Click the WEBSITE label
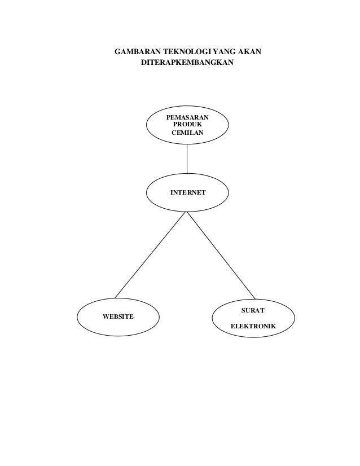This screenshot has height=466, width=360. [118, 316]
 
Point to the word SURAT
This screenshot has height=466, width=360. [252, 310]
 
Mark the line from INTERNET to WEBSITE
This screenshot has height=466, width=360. [151, 254]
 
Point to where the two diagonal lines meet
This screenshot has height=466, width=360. [187, 213]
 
